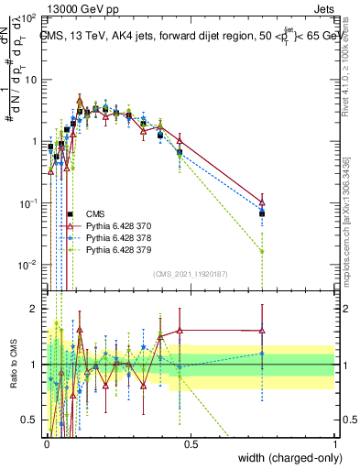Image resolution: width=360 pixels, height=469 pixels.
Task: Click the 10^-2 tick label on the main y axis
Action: (26, 265)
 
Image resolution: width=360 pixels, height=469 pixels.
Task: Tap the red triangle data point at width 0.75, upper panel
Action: (262, 203)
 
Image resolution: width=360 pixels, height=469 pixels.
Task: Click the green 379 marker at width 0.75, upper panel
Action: (262, 251)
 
